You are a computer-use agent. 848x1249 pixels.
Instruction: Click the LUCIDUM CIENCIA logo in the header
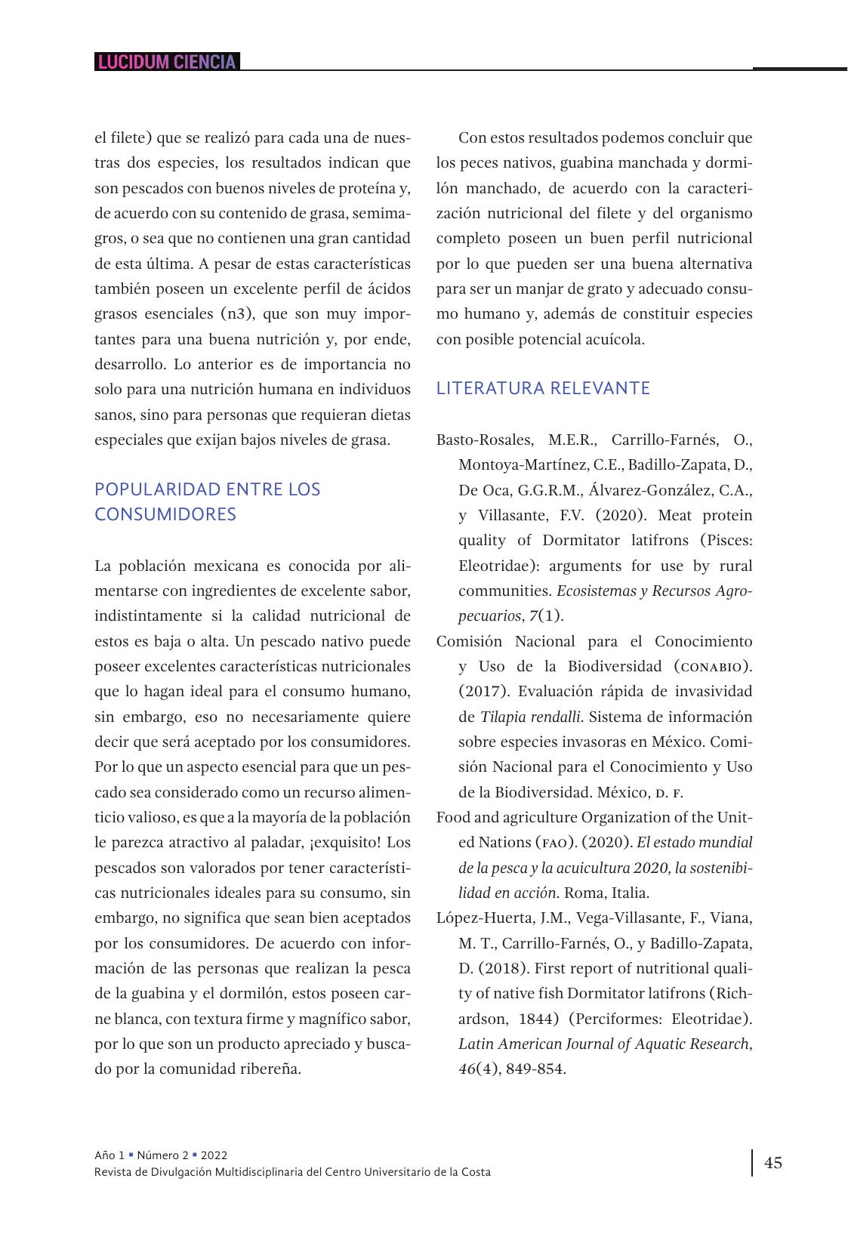(167, 62)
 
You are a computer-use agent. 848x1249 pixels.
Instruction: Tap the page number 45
(773, 1162)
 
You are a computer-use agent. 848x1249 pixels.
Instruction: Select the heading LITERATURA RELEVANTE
(543, 388)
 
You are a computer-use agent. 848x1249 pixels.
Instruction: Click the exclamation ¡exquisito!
(344, 842)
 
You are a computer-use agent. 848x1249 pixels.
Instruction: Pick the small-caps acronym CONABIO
(714, 666)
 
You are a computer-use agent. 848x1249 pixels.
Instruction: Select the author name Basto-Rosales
(484, 439)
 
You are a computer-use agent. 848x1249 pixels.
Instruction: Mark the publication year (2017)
(478, 691)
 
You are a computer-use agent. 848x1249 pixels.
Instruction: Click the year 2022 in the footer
(214, 1155)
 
